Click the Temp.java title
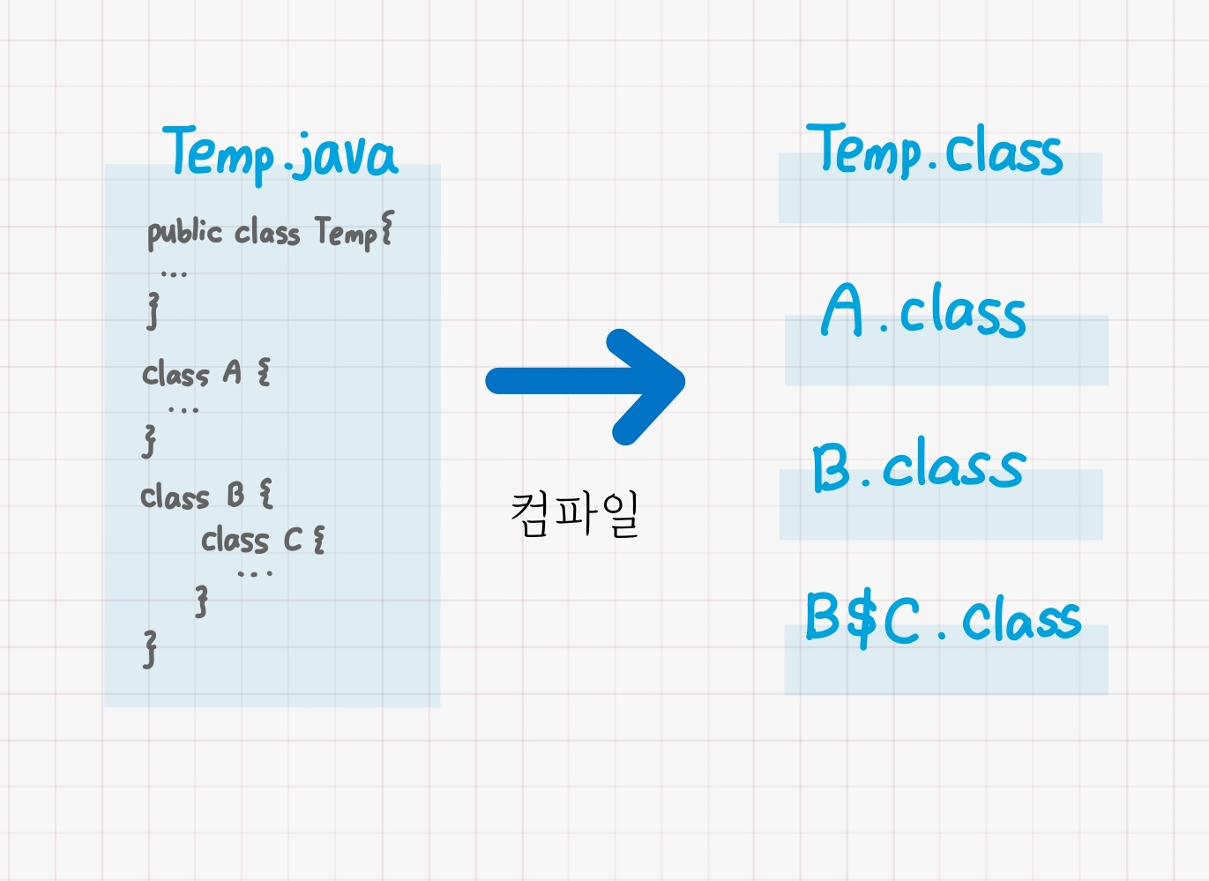(280, 153)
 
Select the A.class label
(923, 310)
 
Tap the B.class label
(918, 465)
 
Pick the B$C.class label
(943, 618)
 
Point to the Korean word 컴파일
(575, 513)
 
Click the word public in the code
(184, 233)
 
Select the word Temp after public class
(346, 233)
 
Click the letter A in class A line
(232, 372)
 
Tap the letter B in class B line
(235, 495)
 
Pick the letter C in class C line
(293, 539)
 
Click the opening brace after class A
(263, 372)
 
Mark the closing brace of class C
(202, 601)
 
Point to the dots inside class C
(255, 574)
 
